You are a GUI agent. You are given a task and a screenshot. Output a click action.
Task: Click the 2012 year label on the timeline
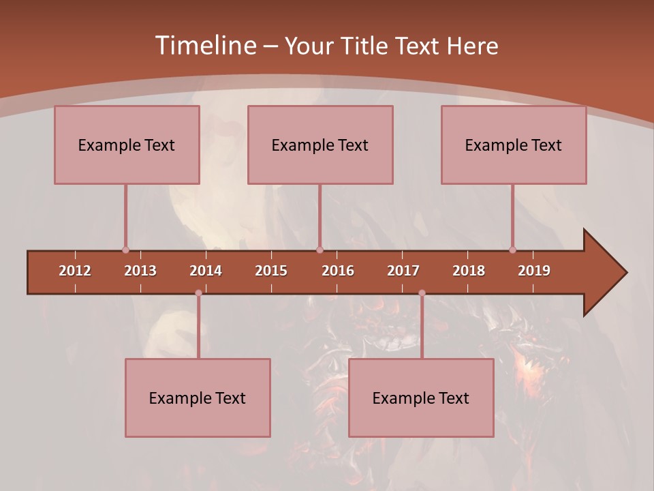point(75,271)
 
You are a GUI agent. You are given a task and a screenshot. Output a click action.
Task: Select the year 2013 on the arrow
point(140,271)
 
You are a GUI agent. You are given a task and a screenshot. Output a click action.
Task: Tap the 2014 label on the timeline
point(206,271)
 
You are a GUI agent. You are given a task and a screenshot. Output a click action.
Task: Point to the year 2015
point(271,271)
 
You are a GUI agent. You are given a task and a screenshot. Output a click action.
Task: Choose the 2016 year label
point(338,271)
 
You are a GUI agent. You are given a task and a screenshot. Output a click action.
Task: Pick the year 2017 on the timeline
point(403,271)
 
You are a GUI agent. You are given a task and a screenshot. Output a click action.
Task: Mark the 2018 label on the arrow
point(469,271)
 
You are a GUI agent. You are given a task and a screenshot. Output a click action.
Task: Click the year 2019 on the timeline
point(534,271)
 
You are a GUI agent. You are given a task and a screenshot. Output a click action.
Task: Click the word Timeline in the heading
point(205,46)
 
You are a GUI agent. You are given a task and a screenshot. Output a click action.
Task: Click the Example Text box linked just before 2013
point(127,145)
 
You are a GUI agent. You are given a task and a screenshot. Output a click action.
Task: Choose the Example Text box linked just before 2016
point(320,145)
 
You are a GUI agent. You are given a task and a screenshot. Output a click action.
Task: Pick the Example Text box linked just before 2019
point(514,145)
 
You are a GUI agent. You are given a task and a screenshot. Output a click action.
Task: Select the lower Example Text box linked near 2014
point(198,398)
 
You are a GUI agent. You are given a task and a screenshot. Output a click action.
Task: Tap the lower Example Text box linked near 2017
point(421,398)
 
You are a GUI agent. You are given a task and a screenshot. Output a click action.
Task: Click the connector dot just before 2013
point(125,250)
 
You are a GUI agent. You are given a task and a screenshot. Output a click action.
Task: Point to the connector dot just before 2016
point(320,250)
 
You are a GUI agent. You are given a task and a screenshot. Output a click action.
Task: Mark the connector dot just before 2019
point(513,250)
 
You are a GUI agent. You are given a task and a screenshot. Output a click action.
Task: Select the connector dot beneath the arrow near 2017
point(422,293)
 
